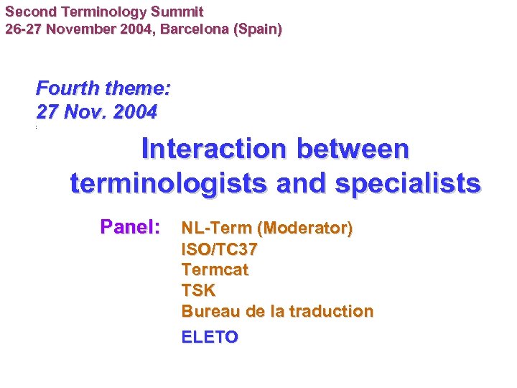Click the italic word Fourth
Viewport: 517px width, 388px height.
click(x=67, y=89)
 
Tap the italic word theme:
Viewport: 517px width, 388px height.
click(x=137, y=89)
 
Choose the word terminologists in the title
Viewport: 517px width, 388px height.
click(x=169, y=183)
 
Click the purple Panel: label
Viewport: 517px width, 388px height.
click(x=130, y=228)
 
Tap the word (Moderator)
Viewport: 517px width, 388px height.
click(x=306, y=228)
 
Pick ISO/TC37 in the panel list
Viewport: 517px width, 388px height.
click(x=219, y=249)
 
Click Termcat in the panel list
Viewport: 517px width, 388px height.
click(x=215, y=270)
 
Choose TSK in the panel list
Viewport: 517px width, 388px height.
click(x=198, y=291)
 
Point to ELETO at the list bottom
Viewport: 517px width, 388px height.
click(x=210, y=337)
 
